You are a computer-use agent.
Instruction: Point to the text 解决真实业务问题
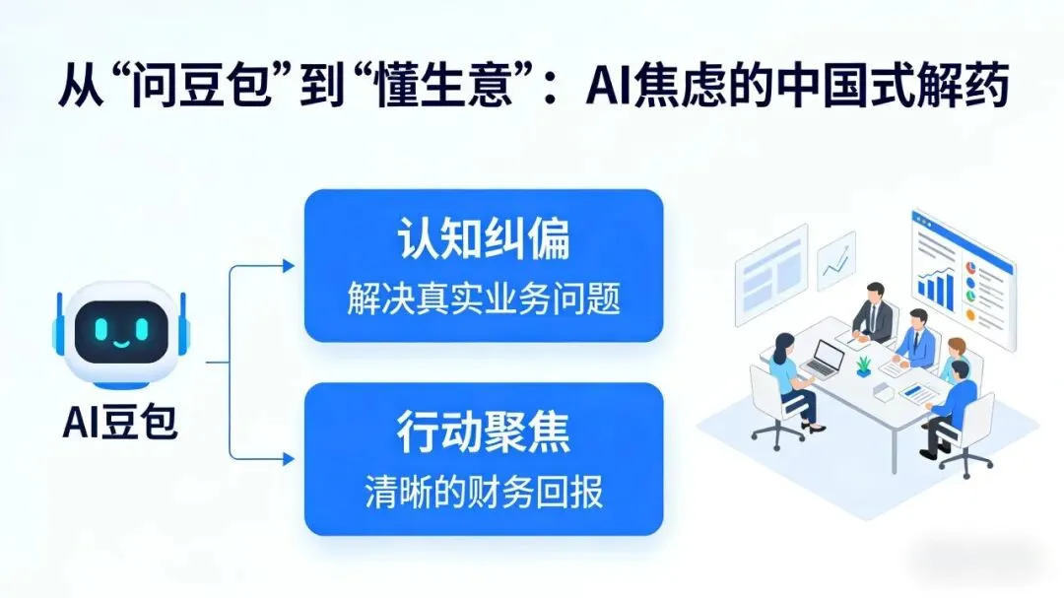(x=483, y=299)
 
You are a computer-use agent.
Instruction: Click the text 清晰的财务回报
(x=483, y=492)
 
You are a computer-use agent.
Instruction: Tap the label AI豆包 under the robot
(x=120, y=424)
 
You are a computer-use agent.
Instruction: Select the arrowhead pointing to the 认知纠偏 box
(x=289, y=266)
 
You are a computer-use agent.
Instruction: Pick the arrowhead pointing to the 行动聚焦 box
(x=289, y=459)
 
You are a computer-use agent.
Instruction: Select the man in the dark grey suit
(x=874, y=313)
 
